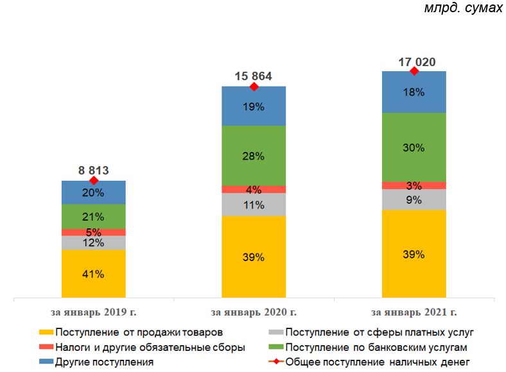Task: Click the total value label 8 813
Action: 94,171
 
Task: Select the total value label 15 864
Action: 253,76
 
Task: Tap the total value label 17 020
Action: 414,62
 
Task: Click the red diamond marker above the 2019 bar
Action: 94,181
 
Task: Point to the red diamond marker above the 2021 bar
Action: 414,71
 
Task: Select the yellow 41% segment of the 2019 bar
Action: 94,274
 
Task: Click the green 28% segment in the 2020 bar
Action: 253,155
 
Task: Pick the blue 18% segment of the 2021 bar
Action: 414,92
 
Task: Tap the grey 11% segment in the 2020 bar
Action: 253,205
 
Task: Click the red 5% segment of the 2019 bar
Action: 94,232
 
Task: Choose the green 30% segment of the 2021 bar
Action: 414,147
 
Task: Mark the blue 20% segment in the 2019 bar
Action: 94,192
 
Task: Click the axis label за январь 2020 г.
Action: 253,313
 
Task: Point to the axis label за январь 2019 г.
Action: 94,313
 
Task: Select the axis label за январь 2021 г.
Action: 414,313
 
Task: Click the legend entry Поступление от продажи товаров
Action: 139,333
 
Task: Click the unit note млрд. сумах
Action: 463,9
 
